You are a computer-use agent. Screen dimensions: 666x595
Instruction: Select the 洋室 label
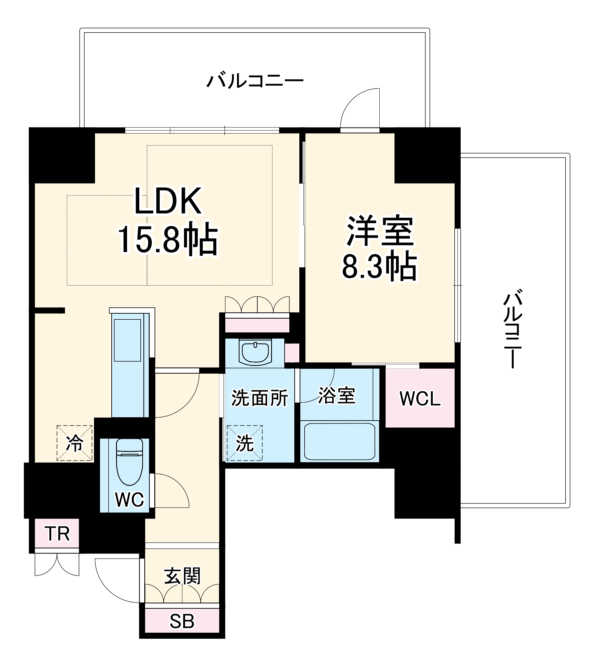pyautogui.click(x=380, y=231)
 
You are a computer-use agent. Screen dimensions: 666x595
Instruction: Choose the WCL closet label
pyautogui.click(x=420, y=398)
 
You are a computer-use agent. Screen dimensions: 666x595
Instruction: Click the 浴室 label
pyautogui.click(x=337, y=396)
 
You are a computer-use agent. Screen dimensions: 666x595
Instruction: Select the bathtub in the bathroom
pyautogui.click(x=339, y=442)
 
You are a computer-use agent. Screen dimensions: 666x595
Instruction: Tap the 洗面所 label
pyautogui.click(x=259, y=398)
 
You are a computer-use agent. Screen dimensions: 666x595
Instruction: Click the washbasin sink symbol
pyautogui.click(x=255, y=352)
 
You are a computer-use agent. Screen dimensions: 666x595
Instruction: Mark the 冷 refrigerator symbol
pyautogui.click(x=74, y=443)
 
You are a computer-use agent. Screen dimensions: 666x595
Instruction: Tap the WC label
pyautogui.click(x=129, y=499)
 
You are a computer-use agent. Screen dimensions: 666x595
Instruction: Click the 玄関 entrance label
pyautogui.click(x=182, y=576)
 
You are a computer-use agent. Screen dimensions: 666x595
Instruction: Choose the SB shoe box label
pyautogui.click(x=182, y=621)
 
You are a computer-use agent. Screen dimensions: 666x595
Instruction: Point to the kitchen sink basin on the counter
pyautogui.click(x=127, y=340)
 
